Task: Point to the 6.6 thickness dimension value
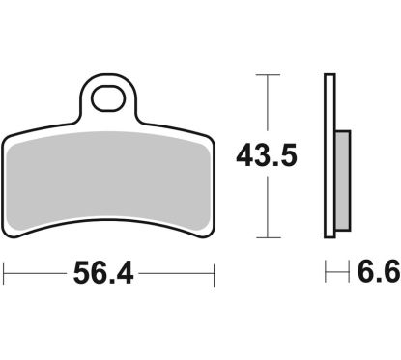click(377, 275)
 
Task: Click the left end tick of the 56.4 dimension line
click(4, 274)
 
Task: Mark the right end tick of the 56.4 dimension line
click(213, 274)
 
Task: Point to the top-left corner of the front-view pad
click(9, 134)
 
